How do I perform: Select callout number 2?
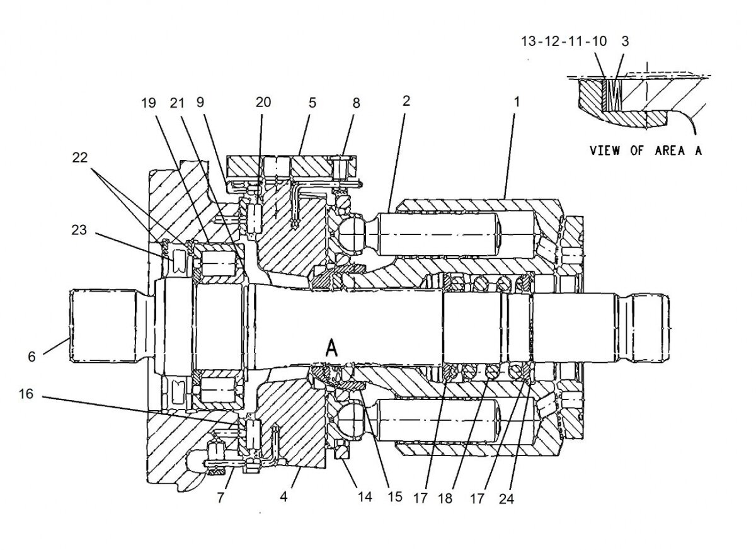click(x=406, y=100)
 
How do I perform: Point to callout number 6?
click(x=31, y=356)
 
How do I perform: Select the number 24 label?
click(x=507, y=499)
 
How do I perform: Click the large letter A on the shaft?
click(x=331, y=348)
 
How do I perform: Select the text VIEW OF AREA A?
click(x=645, y=151)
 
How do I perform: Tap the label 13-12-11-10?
click(x=564, y=42)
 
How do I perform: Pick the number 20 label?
click(x=263, y=102)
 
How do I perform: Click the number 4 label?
click(x=284, y=496)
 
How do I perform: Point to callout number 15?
click(x=394, y=498)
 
